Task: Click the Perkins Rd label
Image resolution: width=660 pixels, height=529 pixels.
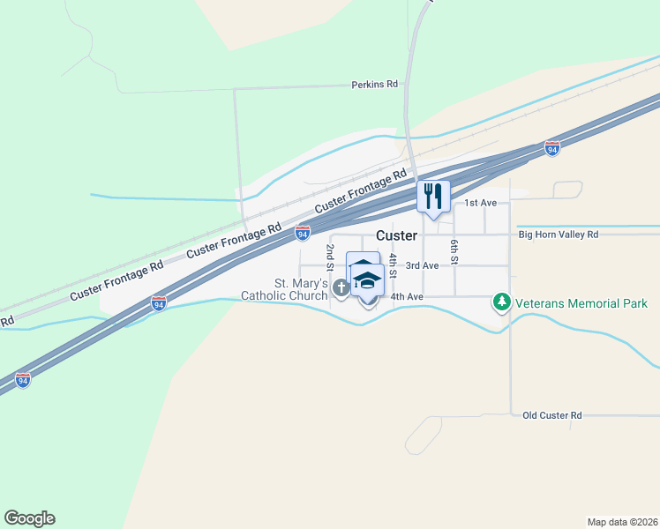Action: click(374, 85)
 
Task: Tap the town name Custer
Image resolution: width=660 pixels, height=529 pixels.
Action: click(396, 235)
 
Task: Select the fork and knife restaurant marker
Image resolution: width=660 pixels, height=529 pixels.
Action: click(432, 196)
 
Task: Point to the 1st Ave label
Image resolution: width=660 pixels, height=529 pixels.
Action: click(482, 203)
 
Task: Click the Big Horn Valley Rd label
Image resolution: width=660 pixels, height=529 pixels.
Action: click(559, 235)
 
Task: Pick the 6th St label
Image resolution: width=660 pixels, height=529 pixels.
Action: click(454, 252)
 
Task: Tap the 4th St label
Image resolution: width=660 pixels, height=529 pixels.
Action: click(393, 263)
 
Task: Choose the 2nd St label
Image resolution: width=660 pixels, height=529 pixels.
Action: click(328, 258)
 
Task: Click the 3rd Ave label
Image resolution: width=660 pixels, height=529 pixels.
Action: click(422, 265)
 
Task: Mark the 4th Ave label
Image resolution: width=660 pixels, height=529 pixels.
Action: click(408, 296)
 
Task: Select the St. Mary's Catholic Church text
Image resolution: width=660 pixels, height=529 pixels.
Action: click(288, 289)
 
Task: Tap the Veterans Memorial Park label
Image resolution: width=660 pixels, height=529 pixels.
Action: click(581, 303)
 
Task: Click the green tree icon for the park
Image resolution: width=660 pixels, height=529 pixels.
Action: click(502, 303)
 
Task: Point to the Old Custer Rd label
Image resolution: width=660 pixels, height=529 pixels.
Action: click(552, 415)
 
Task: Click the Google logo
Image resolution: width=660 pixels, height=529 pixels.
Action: click(29, 518)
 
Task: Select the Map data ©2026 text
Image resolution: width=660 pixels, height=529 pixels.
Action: click(623, 521)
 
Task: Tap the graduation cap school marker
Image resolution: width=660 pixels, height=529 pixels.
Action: click(367, 281)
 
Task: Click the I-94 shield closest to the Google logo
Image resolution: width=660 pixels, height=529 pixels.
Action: click(23, 379)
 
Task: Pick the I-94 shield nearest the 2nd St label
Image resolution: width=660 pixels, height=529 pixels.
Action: click(303, 232)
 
